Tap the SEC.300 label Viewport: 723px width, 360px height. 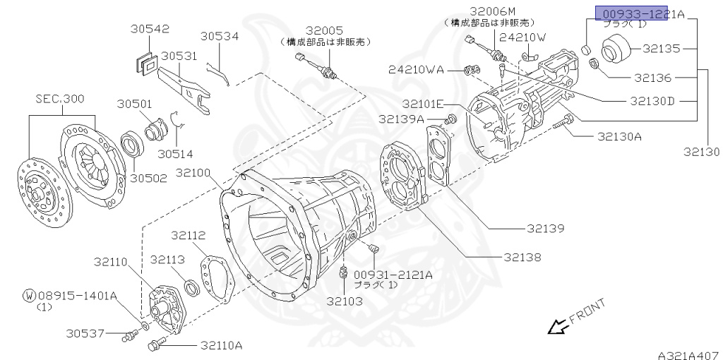click(x=60, y=99)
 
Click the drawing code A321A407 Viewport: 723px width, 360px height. click(x=688, y=353)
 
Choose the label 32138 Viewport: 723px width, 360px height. click(x=522, y=258)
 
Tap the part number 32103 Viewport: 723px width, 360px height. click(x=344, y=301)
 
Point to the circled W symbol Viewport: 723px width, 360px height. click(x=28, y=295)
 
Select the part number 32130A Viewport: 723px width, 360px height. click(x=619, y=136)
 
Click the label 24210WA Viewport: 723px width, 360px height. click(x=416, y=69)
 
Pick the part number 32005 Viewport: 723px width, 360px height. click(x=324, y=30)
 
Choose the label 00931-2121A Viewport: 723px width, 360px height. click(x=393, y=275)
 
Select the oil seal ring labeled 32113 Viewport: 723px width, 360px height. click(x=191, y=287)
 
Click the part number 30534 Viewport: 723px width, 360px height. click(x=219, y=36)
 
